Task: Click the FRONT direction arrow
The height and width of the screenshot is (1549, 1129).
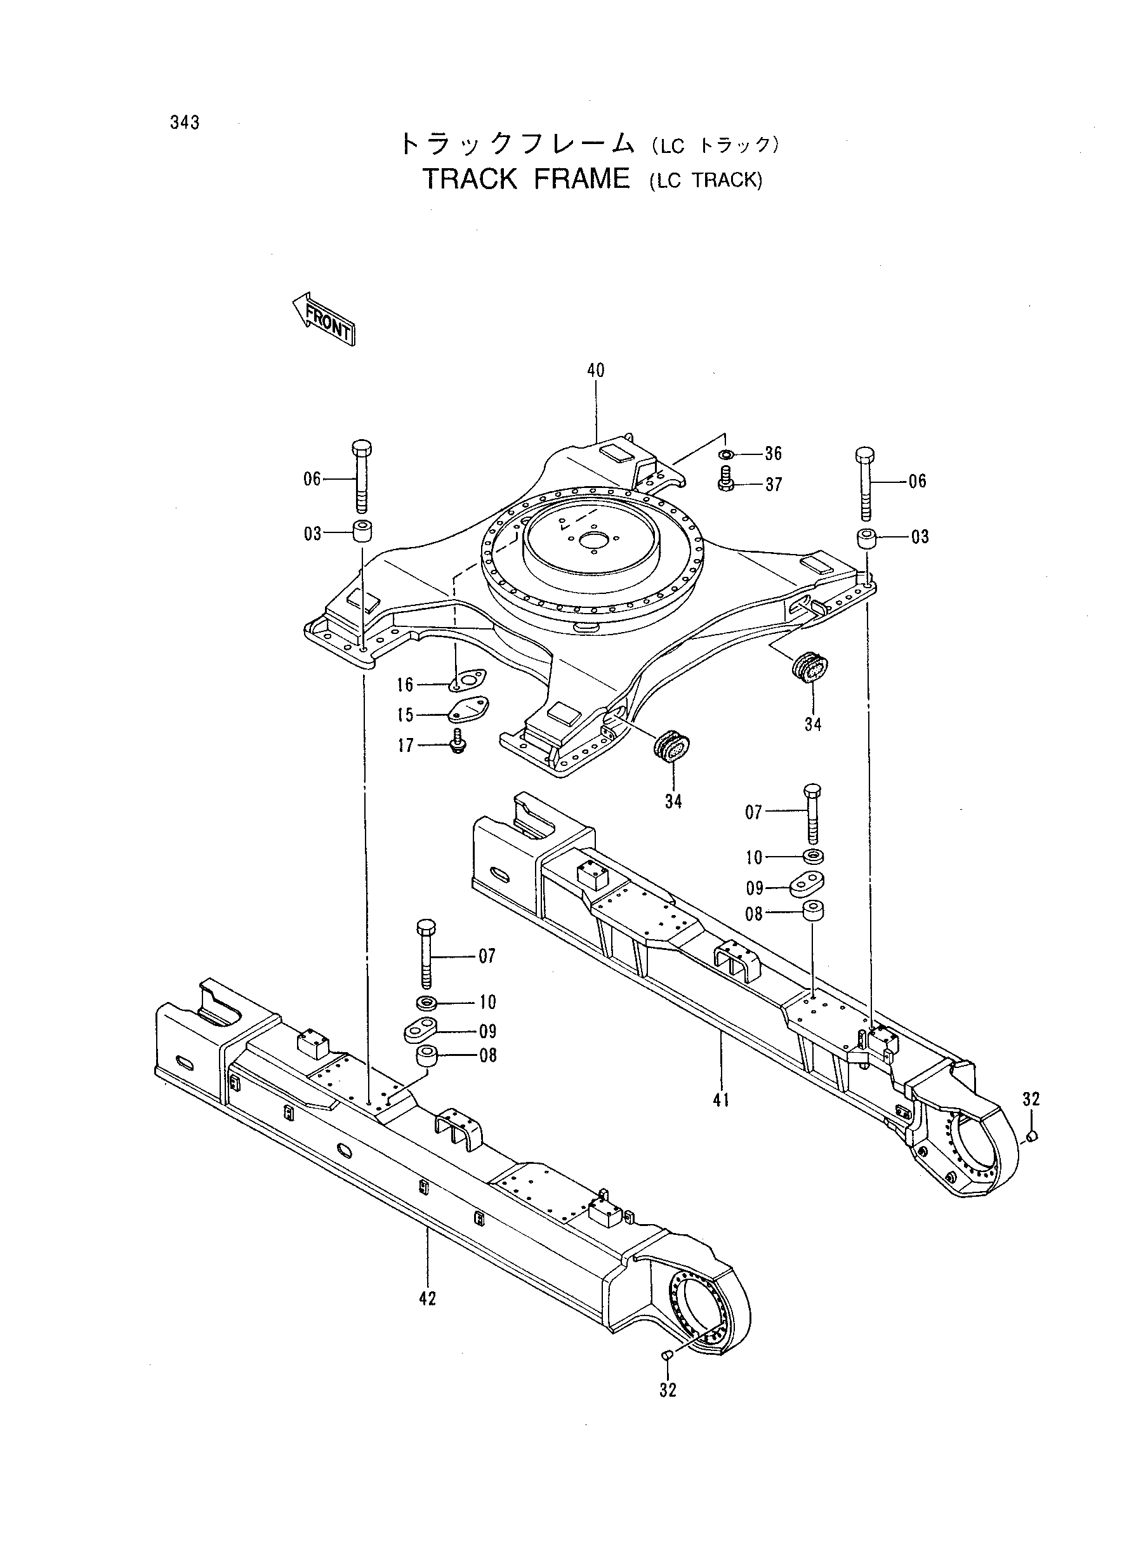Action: pyautogui.click(x=322, y=319)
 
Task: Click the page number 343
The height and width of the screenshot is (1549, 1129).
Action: pyautogui.click(x=185, y=122)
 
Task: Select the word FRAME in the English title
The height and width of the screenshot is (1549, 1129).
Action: pyautogui.click(x=581, y=179)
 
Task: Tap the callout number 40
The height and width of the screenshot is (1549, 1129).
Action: pyautogui.click(x=596, y=371)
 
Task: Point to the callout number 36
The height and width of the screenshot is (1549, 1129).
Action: pyautogui.click(x=773, y=454)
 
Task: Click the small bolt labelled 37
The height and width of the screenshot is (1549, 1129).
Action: pyautogui.click(x=727, y=478)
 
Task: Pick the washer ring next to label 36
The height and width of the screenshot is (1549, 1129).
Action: pyautogui.click(x=727, y=454)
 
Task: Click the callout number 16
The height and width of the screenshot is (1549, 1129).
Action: pyautogui.click(x=406, y=685)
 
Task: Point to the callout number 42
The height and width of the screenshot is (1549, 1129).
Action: pyautogui.click(x=427, y=1298)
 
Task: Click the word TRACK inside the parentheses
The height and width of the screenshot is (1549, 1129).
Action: pyautogui.click(x=726, y=181)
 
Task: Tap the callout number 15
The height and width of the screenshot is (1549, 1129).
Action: pyautogui.click(x=406, y=715)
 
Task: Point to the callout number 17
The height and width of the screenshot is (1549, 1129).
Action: pyautogui.click(x=406, y=746)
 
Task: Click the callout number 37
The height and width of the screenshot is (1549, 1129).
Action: pyautogui.click(x=773, y=484)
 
